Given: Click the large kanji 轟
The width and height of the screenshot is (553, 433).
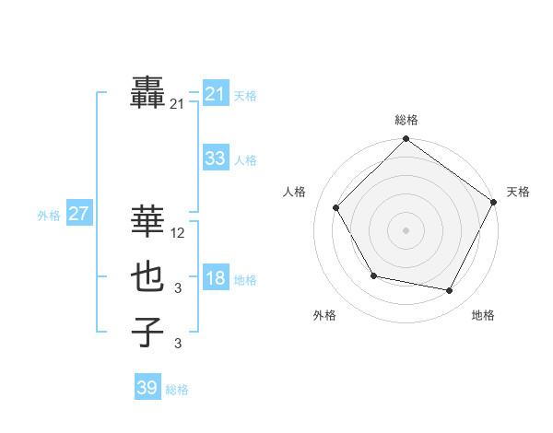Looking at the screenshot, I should coord(148,94).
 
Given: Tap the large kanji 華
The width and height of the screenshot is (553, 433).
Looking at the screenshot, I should coord(148,221).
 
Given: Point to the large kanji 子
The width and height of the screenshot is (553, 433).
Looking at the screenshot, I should coord(148,332).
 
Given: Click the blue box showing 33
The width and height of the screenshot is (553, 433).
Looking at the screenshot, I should coord(215,158).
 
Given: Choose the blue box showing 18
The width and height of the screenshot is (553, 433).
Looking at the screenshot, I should coord(215,278).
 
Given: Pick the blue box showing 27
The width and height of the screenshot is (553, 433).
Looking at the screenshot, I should coord(78,215).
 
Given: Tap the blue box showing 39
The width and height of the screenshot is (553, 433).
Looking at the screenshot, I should coord(147,388).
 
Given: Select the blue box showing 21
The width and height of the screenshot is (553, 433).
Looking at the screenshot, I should coord(215,94).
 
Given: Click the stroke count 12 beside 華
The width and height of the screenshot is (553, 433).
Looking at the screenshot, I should coord(179,234).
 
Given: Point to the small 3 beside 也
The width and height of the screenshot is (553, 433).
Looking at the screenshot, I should coord(178,289).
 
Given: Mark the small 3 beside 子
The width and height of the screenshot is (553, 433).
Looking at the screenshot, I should coord(178,345).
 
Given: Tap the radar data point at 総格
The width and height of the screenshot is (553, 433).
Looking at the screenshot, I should coord(406,140).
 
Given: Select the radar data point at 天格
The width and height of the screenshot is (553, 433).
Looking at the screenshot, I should coord(494,202).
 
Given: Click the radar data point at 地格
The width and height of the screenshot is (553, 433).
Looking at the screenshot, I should coord(450,291).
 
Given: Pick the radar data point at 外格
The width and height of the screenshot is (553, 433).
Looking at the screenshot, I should coord(373,275).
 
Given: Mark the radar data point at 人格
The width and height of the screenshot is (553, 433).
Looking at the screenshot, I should coord(336,207).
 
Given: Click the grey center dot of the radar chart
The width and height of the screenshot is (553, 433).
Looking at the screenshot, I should coord(406,229).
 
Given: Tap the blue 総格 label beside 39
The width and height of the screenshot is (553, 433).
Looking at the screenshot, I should coord(177,390).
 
